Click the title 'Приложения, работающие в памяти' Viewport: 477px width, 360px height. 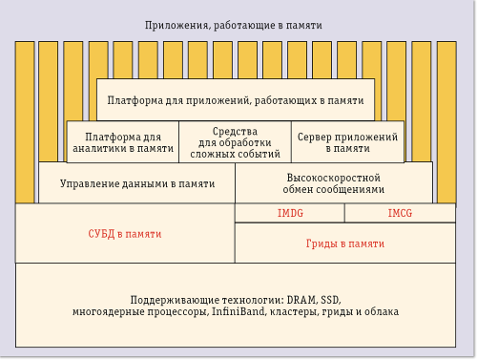point(233,25)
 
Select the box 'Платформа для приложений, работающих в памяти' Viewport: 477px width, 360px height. point(235,99)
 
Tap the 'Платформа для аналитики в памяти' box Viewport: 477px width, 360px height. point(122,142)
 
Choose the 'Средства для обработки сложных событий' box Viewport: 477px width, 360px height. point(235,142)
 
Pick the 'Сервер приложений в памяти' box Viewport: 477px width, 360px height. point(347,142)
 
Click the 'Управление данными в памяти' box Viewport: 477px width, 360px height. point(136,183)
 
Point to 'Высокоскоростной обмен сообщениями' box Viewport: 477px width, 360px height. point(334,183)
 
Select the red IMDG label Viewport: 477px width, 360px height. point(290,214)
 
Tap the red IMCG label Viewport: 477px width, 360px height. point(400,214)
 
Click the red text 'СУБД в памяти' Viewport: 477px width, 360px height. point(125,233)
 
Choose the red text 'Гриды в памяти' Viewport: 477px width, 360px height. point(344,244)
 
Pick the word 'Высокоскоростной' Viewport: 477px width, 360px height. point(334,178)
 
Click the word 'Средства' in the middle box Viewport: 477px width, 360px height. point(235,131)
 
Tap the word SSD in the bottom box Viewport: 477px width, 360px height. point(326,299)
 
